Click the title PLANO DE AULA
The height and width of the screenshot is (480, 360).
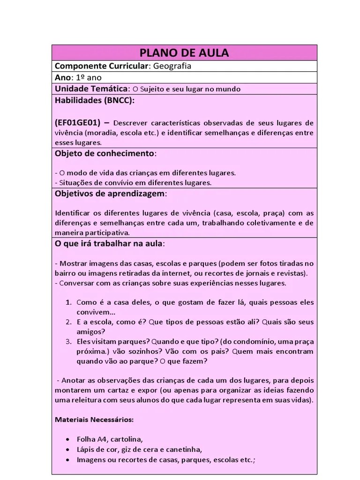pyautogui.click(x=184, y=52)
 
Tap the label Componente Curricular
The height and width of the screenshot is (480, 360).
pyautogui.click(x=101, y=66)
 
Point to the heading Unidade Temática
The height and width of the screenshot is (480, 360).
pyautogui.click(x=91, y=89)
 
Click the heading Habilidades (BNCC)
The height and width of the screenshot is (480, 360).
pyautogui.click(x=94, y=100)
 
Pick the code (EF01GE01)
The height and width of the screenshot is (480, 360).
pyautogui.click(x=77, y=123)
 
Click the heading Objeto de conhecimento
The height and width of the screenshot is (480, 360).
pyautogui.click(x=105, y=153)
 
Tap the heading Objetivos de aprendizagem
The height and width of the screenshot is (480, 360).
pyautogui.click(x=110, y=194)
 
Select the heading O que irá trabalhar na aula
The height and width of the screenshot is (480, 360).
pyautogui.click(x=109, y=244)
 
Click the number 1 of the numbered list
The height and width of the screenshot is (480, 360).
pyautogui.click(x=68, y=302)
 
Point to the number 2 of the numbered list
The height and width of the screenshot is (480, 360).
pyautogui.click(x=68, y=322)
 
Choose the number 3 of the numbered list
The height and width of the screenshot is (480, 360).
pyautogui.click(x=68, y=342)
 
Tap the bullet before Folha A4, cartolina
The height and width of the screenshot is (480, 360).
pyautogui.click(x=68, y=439)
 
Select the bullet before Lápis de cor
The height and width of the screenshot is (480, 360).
pyautogui.click(x=68, y=450)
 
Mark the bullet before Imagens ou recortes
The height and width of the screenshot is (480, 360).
pyautogui.click(x=68, y=460)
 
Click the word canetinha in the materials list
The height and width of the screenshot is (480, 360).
pyautogui.click(x=185, y=450)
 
